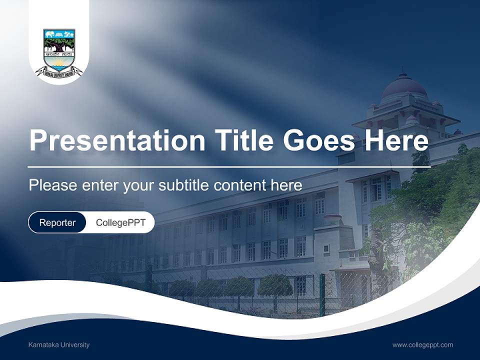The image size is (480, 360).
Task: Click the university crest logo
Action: [x=59, y=50]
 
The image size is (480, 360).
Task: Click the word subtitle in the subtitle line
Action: [x=184, y=185]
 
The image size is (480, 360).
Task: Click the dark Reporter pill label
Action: [x=57, y=222]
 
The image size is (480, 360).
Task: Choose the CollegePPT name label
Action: [x=120, y=222]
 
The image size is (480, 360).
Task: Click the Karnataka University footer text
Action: [x=59, y=344]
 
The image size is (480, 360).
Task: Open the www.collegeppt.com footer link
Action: [x=422, y=344]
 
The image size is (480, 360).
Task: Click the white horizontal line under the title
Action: [x=229, y=166]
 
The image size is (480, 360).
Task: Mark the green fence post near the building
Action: [x=322, y=295]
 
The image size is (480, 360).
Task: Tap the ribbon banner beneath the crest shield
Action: [x=59, y=72]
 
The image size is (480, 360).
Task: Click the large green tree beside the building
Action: [x=430, y=210]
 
